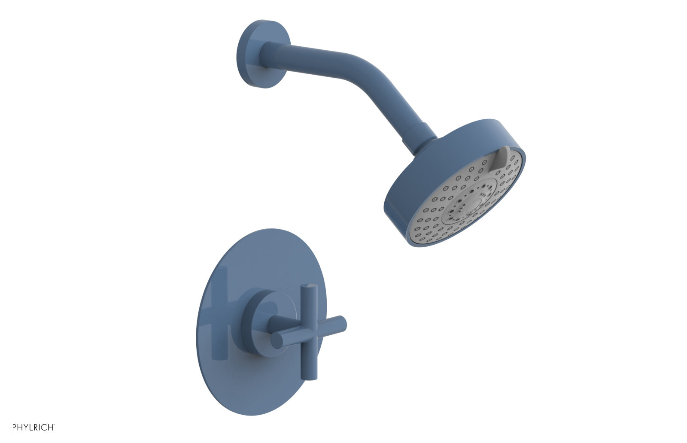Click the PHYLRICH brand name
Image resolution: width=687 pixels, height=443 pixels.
[x=33, y=427]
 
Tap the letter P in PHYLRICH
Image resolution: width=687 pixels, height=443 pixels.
[x=15, y=427]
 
